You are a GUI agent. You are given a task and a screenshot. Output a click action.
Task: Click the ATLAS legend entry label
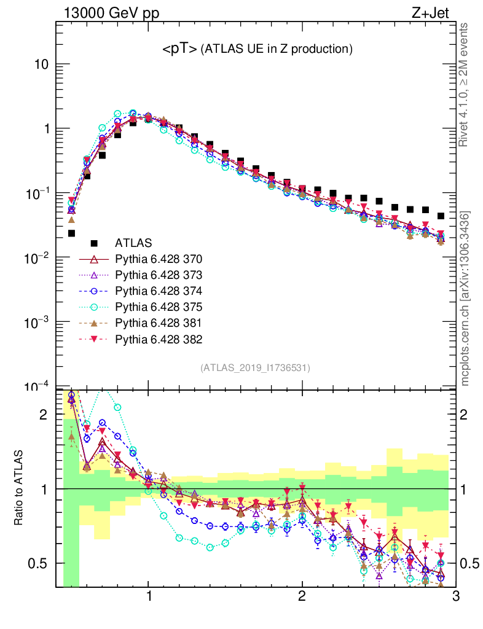point(133,243)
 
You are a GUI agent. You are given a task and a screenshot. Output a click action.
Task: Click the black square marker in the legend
point(94,243)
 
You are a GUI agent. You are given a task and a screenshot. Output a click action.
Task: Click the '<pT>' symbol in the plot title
point(179,49)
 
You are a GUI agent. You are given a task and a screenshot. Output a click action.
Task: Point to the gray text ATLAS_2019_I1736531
point(255,368)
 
